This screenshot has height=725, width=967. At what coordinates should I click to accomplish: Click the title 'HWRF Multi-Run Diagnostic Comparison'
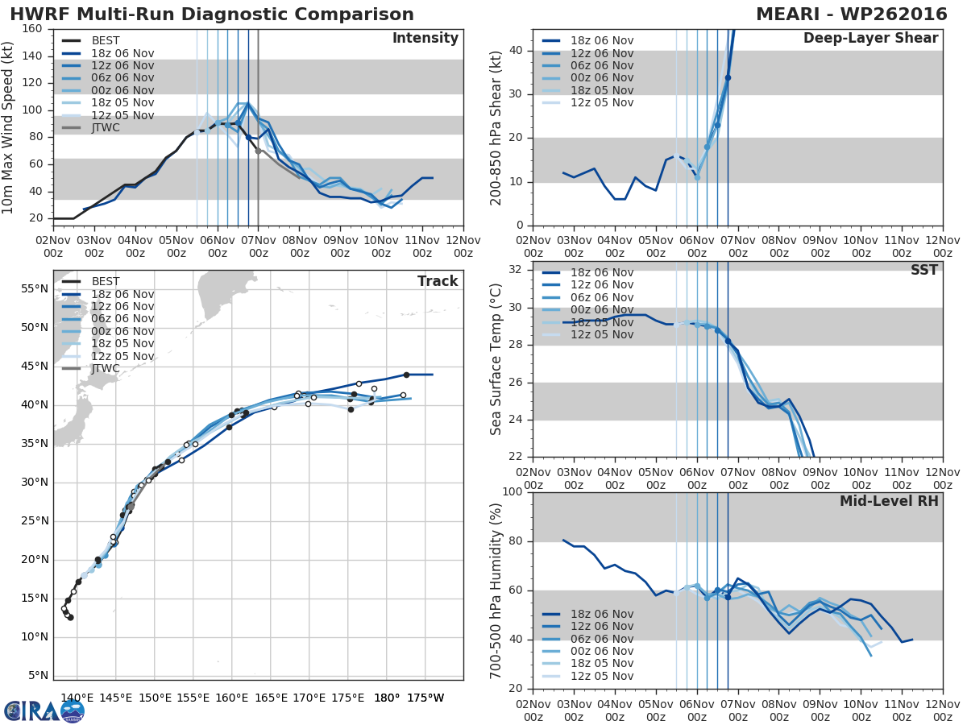[x=212, y=14]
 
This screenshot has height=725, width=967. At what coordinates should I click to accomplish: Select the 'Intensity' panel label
[x=425, y=39]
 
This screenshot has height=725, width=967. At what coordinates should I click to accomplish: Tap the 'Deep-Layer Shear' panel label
[x=870, y=39]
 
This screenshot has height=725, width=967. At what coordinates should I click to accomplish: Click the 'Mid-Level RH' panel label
[x=889, y=501]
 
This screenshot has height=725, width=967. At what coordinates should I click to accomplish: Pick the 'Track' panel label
[x=438, y=281]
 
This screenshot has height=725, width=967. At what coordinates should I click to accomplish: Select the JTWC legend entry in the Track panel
[x=106, y=369]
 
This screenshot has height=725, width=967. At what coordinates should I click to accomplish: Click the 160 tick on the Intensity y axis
[x=32, y=29]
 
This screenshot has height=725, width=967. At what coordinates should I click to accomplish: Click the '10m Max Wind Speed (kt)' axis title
[x=9, y=123]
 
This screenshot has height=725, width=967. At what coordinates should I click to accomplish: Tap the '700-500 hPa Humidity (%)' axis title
[x=496, y=590]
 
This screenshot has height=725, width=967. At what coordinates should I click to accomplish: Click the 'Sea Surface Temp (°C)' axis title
[x=496, y=358]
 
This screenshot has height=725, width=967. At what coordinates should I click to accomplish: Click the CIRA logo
[x=44, y=710]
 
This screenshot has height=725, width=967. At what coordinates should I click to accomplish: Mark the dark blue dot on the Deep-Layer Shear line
[x=728, y=78]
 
